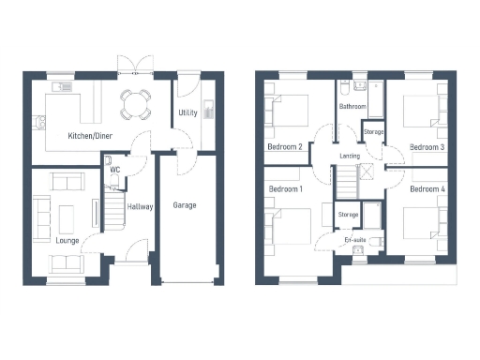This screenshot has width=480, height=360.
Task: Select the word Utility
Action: click(187, 113)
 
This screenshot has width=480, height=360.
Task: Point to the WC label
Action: click(113, 170)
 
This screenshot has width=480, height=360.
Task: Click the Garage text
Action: click(184, 204)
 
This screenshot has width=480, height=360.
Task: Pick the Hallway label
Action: click(140, 207)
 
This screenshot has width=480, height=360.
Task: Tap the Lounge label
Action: click(67, 240)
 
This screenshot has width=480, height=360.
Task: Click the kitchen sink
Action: click(61, 87)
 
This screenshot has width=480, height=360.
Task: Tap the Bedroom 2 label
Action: click(285, 147)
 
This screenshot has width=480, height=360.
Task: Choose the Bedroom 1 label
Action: click(285, 189)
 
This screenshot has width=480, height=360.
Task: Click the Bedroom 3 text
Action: click(427, 147)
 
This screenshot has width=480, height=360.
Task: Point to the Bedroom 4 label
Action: click(427, 189)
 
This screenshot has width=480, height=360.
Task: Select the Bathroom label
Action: click(352, 107)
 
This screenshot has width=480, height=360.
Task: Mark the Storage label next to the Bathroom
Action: click(374, 132)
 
